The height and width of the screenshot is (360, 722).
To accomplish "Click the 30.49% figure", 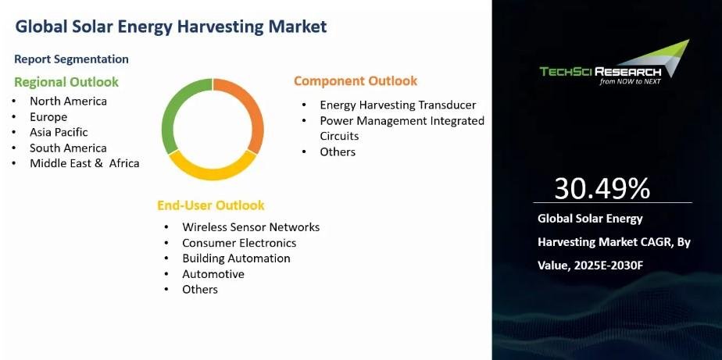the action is point(602,188).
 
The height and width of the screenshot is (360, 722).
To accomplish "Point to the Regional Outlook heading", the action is point(66,82).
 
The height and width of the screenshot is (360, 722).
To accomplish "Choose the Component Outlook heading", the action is point(356,81).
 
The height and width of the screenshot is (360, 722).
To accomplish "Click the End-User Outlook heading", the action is point(211,205).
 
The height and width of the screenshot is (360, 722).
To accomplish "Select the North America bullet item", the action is point(68,101).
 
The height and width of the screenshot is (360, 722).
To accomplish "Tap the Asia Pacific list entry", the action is point(59,132).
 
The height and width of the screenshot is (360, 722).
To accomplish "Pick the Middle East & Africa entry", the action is point(84,163).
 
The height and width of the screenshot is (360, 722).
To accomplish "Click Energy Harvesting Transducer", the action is point(398,105).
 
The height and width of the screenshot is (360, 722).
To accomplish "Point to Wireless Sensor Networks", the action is point(251,227).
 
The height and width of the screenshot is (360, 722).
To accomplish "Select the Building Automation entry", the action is point(236,258).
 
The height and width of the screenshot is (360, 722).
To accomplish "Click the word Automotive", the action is point(213,274).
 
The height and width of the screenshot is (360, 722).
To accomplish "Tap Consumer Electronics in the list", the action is point(239,243).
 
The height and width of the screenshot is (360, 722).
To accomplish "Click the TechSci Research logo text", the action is point(600,71).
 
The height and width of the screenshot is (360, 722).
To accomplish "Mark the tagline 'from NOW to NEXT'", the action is point(630,81).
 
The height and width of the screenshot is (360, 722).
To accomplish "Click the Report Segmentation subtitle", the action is point(71,59).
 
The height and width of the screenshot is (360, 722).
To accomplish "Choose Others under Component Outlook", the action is point(338,152).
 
